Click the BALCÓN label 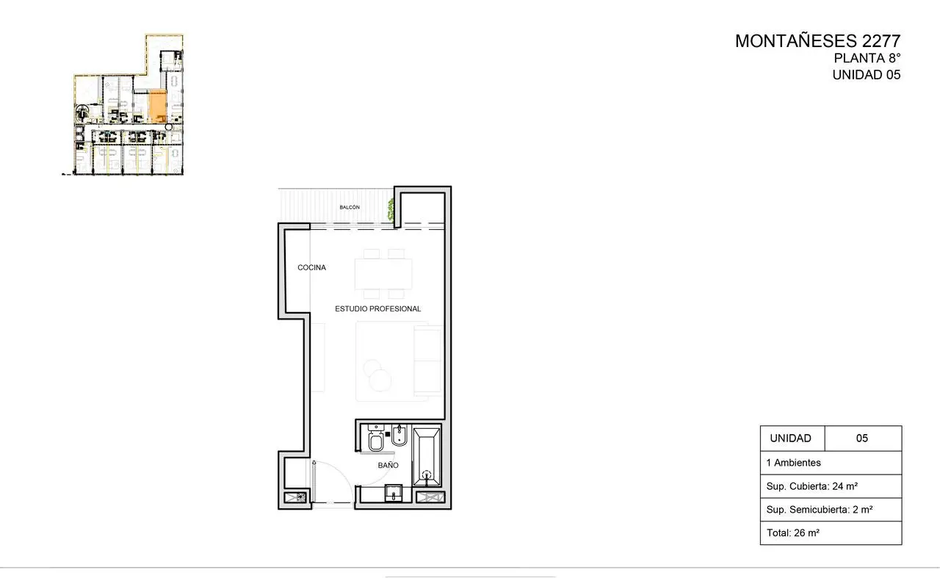tap(350, 207)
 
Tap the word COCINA tap(312, 267)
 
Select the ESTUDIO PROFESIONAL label tap(377, 309)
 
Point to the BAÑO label tap(388, 465)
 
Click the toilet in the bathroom tap(375, 438)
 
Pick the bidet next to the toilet tap(399, 436)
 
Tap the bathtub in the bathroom tap(427, 455)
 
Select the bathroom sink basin tap(394, 494)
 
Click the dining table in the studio tap(383, 274)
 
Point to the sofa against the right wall tap(428, 361)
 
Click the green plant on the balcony tap(391, 209)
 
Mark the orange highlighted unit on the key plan tap(158, 106)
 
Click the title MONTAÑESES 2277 tap(818, 41)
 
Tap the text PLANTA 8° tap(867, 58)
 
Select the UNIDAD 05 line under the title tap(867, 75)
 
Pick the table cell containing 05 tap(863, 438)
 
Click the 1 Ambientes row tap(831, 463)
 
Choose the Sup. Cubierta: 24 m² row tap(831, 486)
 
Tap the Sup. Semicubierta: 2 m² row tap(831, 510)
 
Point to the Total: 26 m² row tap(831, 533)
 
